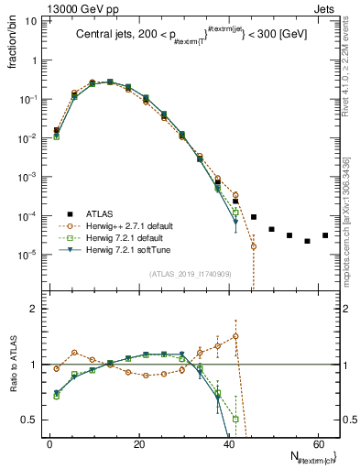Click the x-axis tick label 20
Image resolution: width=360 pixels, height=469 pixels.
tap(138, 444)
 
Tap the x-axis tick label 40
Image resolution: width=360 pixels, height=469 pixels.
tap(228, 444)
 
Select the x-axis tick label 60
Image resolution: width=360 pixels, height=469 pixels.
tap(317, 444)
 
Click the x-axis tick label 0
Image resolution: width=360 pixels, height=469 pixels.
tap(49, 444)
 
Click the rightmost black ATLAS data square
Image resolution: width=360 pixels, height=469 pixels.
tap(325, 235)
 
